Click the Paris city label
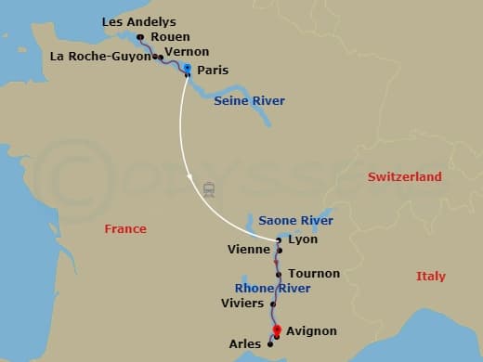(x=213, y=70)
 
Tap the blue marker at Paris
(x=188, y=70)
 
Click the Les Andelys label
(x=138, y=21)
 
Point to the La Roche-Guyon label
(x=100, y=56)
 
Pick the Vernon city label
(x=186, y=52)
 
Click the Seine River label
(x=250, y=100)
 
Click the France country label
(x=125, y=228)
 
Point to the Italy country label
(x=430, y=276)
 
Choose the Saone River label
(x=295, y=221)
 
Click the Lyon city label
(x=304, y=239)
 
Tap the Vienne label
(x=248, y=250)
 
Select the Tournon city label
(x=314, y=274)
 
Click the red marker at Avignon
(x=277, y=330)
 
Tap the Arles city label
(x=245, y=344)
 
